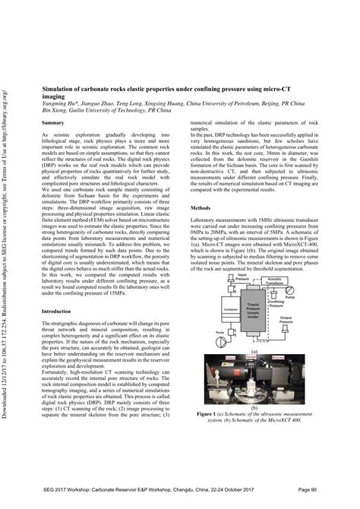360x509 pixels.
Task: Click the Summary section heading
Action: (x=52, y=122)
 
